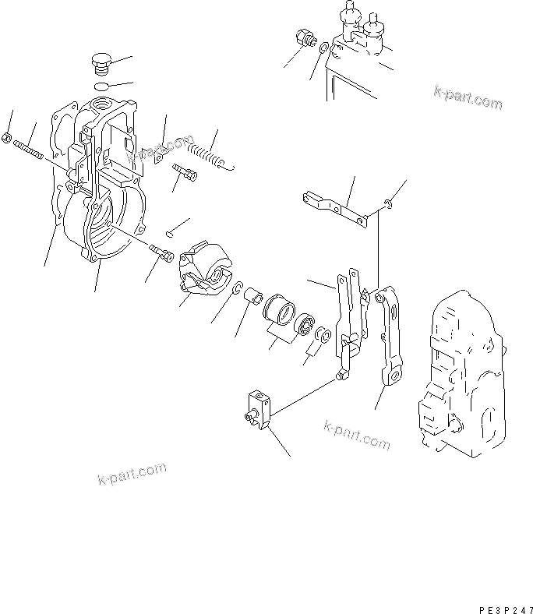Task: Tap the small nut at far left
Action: (x=6, y=139)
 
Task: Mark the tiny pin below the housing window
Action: (x=171, y=231)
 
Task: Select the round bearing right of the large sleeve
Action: (x=305, y=321)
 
